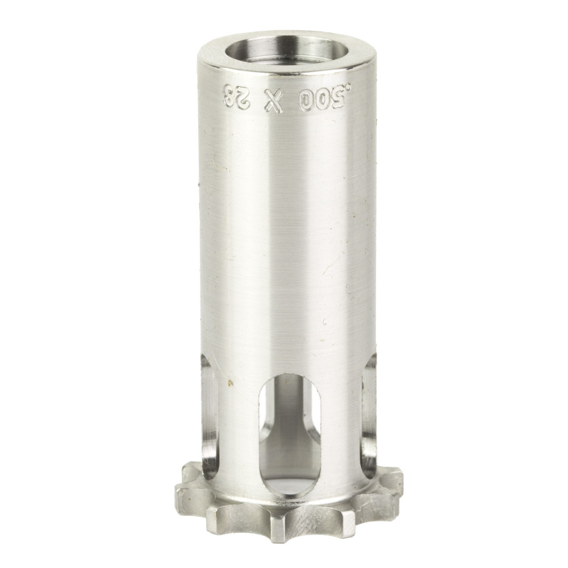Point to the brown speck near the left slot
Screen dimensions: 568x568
[x=230, y=383]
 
